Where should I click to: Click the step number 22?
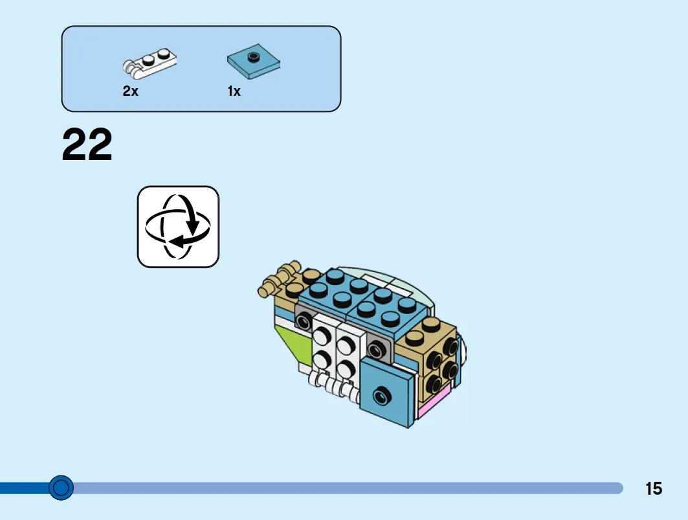click(x=87, y=145)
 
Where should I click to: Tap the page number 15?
click(x=654, y=488)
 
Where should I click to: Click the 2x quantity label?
click(x=130, y=91)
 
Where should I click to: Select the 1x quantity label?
click(x=234, y=91)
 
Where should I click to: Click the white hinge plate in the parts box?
click(x=150, y=63)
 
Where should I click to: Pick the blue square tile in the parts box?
click(x=254, y=63)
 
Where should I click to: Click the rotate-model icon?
click(x=178, y=227)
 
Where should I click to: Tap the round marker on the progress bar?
click(x=61, y=487)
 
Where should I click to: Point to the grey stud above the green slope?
click(x=303, y=319)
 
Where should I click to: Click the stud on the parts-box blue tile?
click(x=254, y=56)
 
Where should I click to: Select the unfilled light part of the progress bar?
click(x=350, y=488)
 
